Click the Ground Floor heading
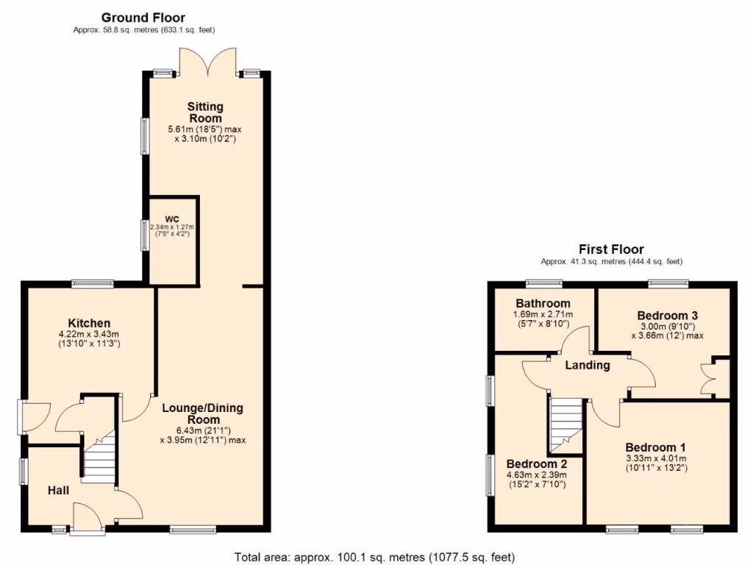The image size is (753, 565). pos(143,17)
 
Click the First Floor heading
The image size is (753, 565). pos(610,249)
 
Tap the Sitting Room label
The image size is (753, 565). pos(205,113)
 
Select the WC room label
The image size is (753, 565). pos(172,218)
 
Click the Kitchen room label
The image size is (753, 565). pos(89,323)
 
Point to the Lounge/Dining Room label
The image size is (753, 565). pos(202,413)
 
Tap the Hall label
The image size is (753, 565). pos(59,490)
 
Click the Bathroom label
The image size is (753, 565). pos(543,303)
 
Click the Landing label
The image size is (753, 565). pos(588,365)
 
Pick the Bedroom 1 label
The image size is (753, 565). pos(655,447)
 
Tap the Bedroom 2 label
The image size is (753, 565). pos(537,464)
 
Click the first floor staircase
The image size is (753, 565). pos(565,425)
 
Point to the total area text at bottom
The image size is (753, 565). pos(374,556)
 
